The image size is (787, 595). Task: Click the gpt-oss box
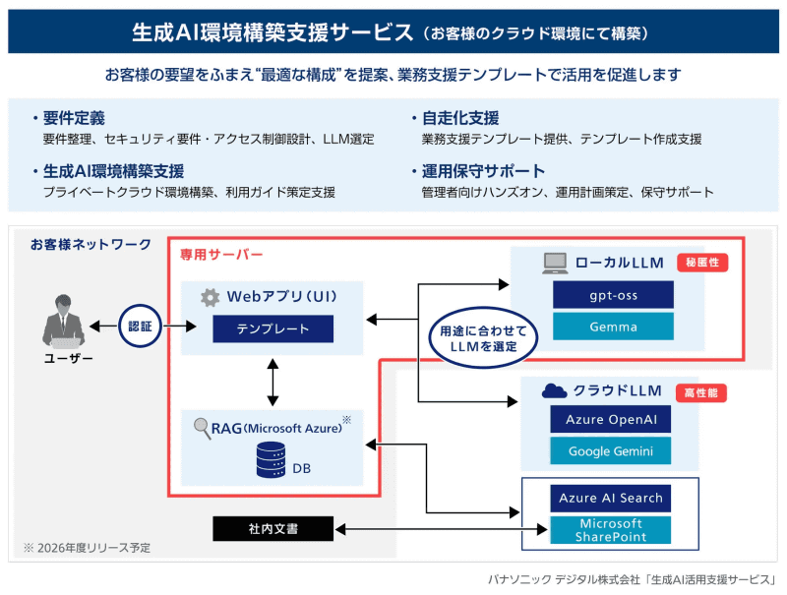coord(612,295)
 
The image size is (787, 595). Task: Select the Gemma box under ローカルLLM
coord(612,327)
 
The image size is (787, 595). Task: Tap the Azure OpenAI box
coord(611,420)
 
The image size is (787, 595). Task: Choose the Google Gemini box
coord(611,451)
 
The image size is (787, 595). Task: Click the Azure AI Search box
coord(610,498)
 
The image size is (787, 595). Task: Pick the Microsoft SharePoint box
coord(610,530)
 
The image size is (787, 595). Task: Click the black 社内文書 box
coord(272,529)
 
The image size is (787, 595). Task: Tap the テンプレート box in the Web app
coord(272,328)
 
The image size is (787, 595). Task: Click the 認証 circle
coord(140,326)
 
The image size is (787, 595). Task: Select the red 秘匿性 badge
coord(702,263)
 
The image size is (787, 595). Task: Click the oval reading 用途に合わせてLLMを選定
coord(483,338)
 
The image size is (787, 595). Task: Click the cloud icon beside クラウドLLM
coord(555,390)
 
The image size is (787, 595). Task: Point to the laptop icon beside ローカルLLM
coord(556,263)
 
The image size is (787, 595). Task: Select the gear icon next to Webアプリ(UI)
coord(209,297)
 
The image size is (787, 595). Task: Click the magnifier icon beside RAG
coord(202,428)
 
